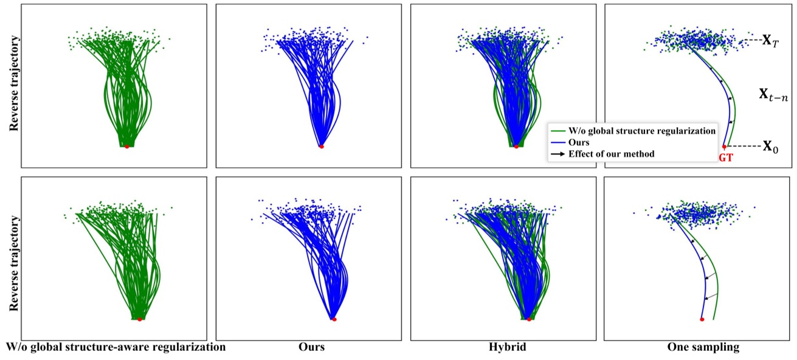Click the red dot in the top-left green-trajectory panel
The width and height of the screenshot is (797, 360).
pyautogui.click(x=126, y=147)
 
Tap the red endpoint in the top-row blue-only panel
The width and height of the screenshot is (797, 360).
pyautogui.click(x=322, y=147)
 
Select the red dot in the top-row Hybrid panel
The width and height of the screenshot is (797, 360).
pyautogui.click(x=516, y=147)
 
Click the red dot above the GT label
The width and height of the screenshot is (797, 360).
pyautogui.click(x=724, y=147)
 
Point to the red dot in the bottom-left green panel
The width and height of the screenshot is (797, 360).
pyautogui.click(x=139, y=319)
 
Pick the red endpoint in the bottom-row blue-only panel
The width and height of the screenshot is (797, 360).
pyautogui.click(x=334, y=319)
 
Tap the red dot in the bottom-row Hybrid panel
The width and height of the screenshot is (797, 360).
pyautogui.click(x=529, y=319)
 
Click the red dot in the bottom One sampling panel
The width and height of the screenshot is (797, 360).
pyautogui.click(x=702, y=319)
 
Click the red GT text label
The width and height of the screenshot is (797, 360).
pyautogui.click(x=725, y=157)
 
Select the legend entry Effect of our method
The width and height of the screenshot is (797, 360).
pyautogui.click(x=611, y=154)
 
